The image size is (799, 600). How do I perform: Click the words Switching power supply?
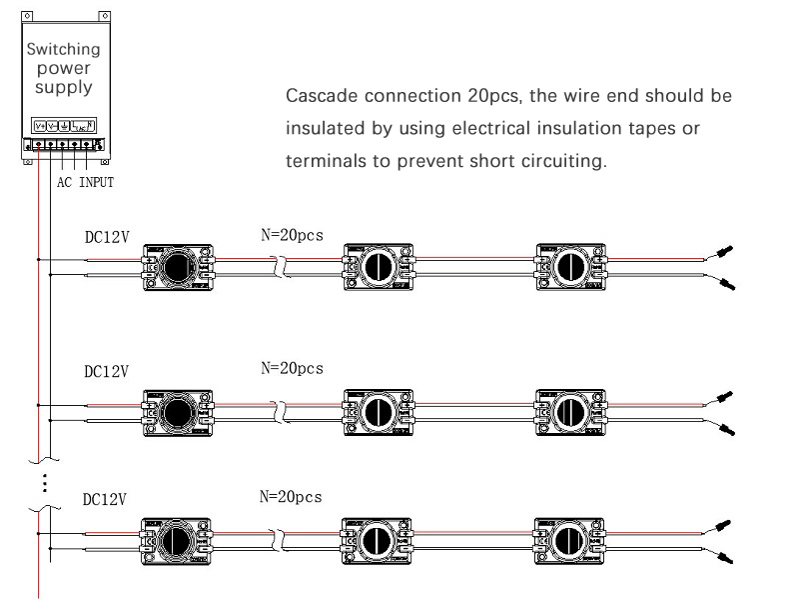pos(63,68)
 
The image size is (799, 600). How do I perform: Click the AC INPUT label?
pos(84,182)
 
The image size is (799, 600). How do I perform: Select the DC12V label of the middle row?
pos(106,372)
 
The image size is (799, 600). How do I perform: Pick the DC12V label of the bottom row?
pos(106,499)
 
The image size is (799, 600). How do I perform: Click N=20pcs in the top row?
pos(292,236)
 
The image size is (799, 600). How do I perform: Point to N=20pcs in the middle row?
pos(292,368)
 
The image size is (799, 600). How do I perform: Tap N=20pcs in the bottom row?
pos(292,497)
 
